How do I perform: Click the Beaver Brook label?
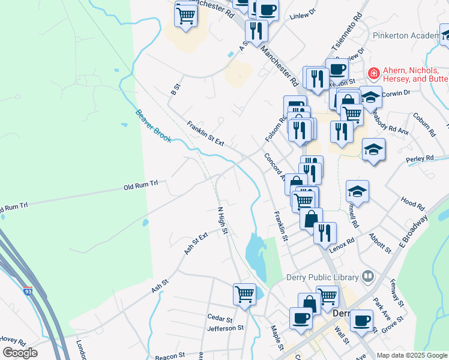click(153, 126)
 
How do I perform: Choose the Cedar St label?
click(219, 318)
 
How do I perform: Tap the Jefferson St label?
click(225, 328)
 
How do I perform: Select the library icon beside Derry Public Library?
click(368, 277)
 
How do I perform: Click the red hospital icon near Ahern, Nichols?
click(373, 74)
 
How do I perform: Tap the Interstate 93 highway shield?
click(29, 291)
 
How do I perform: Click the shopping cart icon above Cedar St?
click(244, 293)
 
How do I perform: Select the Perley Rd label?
click(420, 159)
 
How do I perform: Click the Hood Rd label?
click(412, 203)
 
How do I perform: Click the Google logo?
click(20, 353)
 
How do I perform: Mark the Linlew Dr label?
click(302, 15)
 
